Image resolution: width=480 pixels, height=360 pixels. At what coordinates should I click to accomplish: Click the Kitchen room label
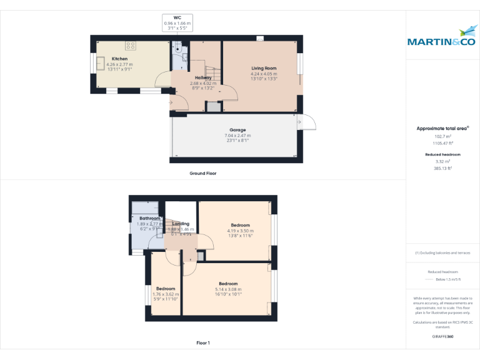(x=119, y=59)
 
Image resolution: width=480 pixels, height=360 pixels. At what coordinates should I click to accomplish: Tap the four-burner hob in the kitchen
(x=131, y=46)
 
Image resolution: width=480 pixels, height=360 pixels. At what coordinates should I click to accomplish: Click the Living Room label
(x=264, y=68)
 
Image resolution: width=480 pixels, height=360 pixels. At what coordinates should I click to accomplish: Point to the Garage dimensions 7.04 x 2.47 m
(x=237, y=135)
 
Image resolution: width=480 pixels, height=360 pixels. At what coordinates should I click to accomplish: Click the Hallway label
(x=202, y=77)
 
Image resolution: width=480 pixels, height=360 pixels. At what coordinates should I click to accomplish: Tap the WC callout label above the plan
(x=177, y=18)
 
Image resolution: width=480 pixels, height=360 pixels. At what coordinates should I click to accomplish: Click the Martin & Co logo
(x=441, y=38)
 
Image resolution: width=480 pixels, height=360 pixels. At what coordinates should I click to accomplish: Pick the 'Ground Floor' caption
(x=202, y=173)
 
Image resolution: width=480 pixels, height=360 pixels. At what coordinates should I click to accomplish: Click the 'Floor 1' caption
(x=202, y=342)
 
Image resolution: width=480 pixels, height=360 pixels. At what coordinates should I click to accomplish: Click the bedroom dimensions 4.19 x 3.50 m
(x=240, y=231)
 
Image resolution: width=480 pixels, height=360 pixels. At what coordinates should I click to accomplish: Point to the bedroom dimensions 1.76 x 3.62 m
(x=166, y=294)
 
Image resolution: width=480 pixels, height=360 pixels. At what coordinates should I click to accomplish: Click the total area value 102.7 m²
(x=442, y=136)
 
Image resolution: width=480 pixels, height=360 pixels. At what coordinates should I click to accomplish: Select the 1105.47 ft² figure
(x=442, y=143)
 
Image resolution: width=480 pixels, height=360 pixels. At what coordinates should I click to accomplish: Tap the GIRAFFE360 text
(x=442, y=337)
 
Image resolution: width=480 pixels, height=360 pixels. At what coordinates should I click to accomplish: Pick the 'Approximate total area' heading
(x=442, y=128)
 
